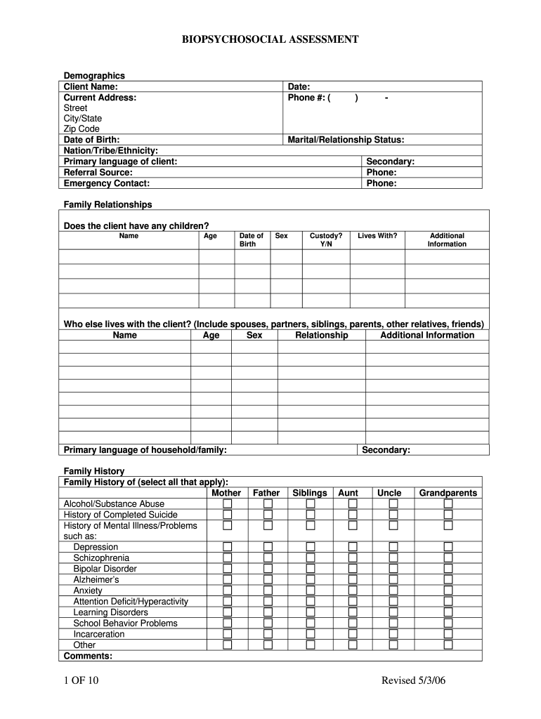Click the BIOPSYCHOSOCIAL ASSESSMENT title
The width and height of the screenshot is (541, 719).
click(270, 40)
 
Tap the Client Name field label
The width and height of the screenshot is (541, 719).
click(91, 86)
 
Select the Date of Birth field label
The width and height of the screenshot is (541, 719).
click(91, 140)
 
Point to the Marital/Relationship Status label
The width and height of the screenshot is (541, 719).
click(346, 140)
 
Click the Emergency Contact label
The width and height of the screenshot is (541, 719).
click(106, 183)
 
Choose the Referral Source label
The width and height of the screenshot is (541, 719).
click(98, 172)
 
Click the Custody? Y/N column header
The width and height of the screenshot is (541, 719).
click(326, 240)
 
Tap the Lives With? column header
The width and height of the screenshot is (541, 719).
click(377, 236)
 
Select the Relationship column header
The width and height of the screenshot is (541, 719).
click(321, 335)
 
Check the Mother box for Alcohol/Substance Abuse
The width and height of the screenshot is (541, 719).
click(228, 504)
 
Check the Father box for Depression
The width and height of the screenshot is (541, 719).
click(268, 547)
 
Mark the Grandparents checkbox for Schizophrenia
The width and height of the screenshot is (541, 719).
click(448, 558)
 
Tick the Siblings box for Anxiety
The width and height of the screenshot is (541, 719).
click(310, 591)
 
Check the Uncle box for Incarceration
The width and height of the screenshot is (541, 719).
click(393, 634)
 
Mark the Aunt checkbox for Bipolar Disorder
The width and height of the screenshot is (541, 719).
click(353, 569)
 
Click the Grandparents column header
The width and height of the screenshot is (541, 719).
click(448, 493)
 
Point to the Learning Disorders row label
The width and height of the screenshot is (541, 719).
click(110, 612)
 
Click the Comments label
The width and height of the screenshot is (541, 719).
click(88, 656)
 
